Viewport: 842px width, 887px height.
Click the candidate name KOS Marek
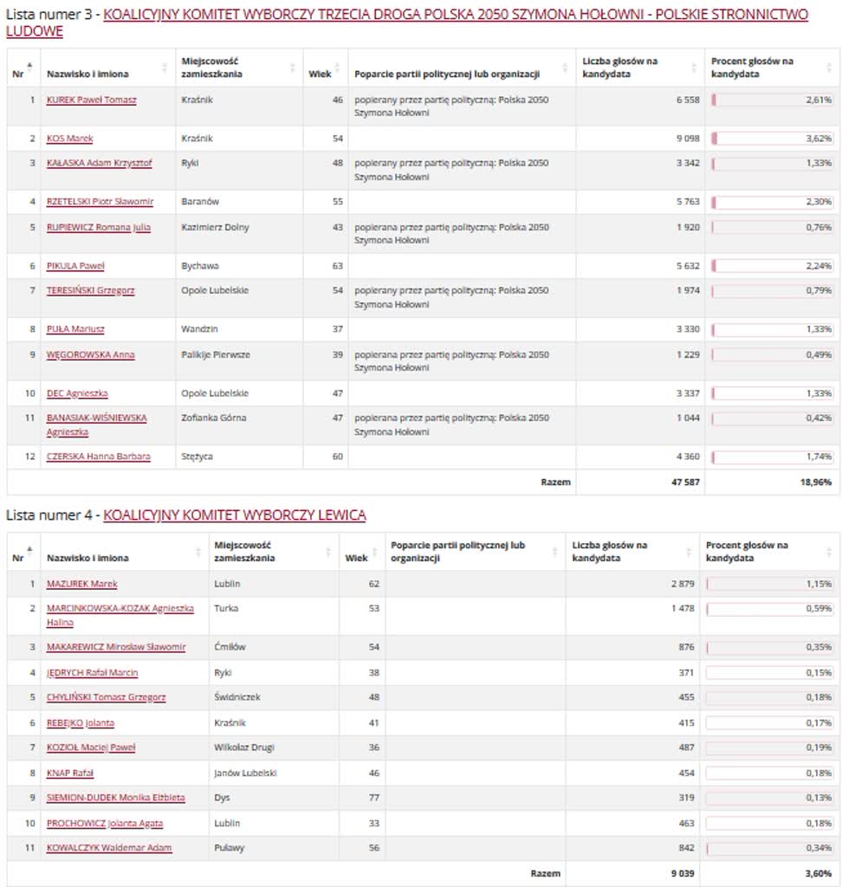click(70, 139)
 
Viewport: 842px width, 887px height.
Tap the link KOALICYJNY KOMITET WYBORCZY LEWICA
click(235, 515)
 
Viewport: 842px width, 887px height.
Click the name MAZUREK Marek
click(82, 584)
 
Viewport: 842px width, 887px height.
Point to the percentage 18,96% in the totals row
click(815, 482)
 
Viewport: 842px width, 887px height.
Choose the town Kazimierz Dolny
click(215, 228)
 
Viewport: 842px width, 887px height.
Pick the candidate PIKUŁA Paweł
click(75, 266)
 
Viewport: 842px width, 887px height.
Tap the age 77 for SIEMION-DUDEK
click(373, 798)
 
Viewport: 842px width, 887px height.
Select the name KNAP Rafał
click(70, 773)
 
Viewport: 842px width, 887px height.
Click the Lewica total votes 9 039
click(681, 873)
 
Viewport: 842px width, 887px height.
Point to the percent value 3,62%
click(818, 139)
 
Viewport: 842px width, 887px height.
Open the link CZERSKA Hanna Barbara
click(99, 456)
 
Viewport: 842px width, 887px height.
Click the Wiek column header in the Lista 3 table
click(320, 74)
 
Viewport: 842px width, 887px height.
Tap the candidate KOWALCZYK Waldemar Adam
click(109, 848)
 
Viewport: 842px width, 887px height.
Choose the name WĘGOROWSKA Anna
click(90, 355)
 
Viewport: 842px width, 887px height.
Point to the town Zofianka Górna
click(214, 418)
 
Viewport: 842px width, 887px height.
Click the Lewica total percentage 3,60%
click(816, 873)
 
